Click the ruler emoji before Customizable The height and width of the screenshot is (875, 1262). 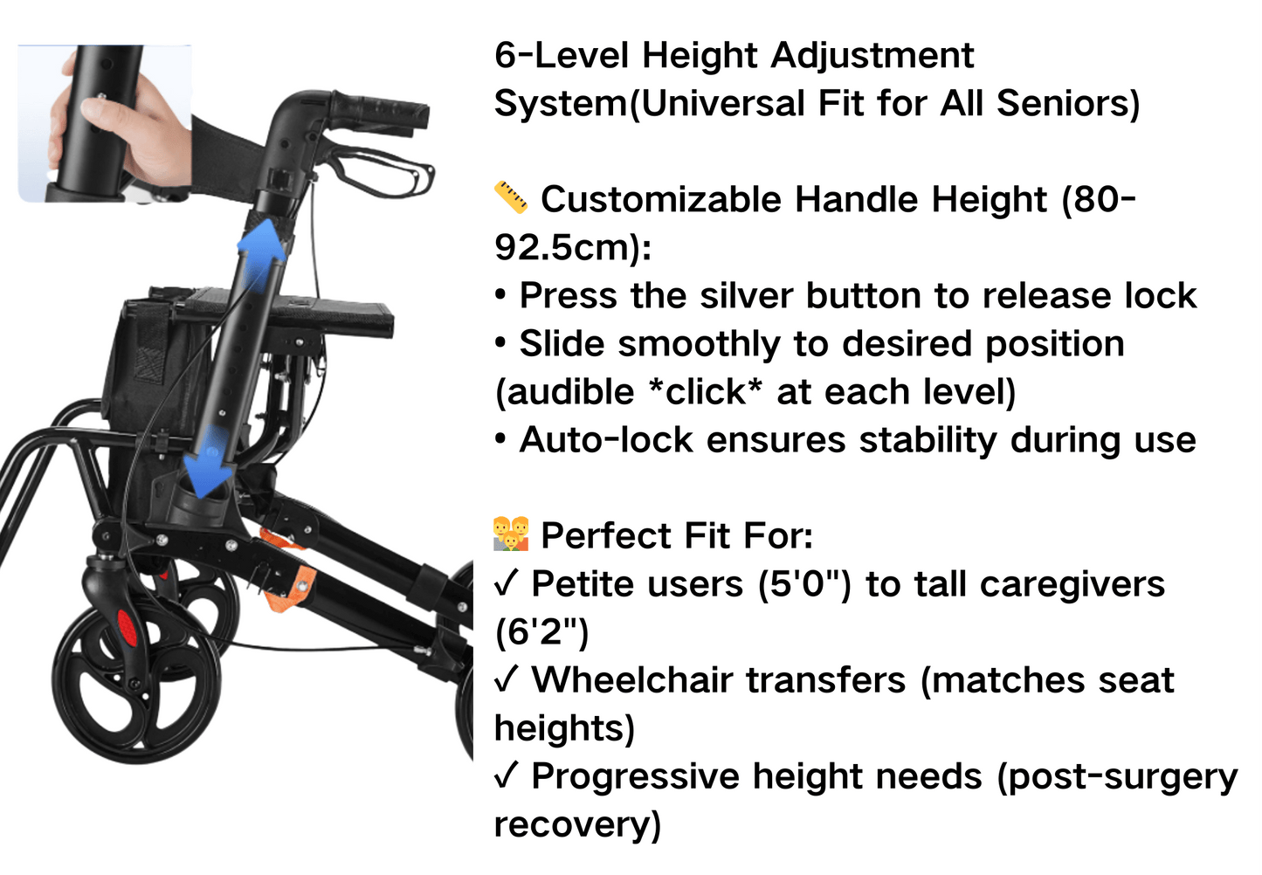[511, 198]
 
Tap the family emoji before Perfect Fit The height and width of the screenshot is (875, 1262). [511, 534]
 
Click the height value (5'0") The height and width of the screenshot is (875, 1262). [803, 583]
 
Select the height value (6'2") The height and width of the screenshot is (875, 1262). [541, 631]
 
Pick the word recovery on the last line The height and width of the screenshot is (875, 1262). [576, 823]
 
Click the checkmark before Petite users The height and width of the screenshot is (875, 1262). [507, 582]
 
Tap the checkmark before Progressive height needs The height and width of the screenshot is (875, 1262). [507, 775]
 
